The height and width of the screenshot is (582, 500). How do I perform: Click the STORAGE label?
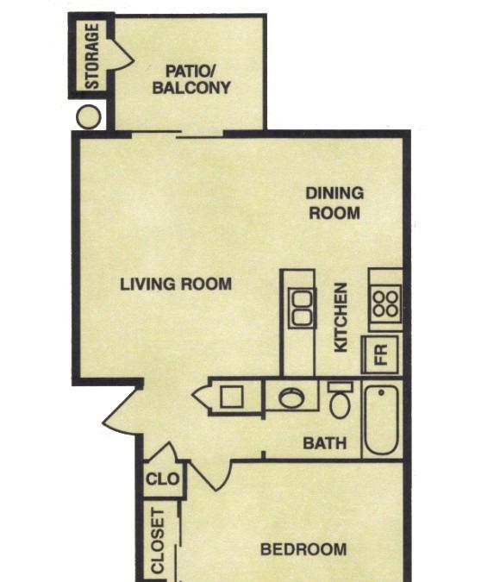click(93, 56)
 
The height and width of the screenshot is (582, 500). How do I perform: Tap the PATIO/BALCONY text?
click(191, 79)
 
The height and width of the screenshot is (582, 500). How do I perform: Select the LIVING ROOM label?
click(176, 285)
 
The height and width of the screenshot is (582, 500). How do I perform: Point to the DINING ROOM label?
click(334, 203)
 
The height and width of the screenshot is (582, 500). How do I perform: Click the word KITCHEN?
click(341, 317)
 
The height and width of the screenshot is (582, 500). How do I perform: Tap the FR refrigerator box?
click(380, 354)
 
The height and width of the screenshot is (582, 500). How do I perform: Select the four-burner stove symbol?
click(385, 304)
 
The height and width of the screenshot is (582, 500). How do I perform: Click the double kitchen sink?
click(302, 308)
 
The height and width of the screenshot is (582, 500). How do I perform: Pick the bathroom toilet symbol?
click(340, 400)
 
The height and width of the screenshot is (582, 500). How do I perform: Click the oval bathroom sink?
click(291, 397)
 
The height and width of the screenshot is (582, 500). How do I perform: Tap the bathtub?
click(381, 419)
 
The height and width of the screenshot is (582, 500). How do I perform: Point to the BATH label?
click(325, 443)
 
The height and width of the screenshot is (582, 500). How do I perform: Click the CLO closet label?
click(163, 479)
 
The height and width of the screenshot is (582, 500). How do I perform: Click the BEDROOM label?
click(303, 549)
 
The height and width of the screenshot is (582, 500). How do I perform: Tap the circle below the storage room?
click(88, 116)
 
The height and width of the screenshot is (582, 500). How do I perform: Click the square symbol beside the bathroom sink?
click(232, 397)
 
